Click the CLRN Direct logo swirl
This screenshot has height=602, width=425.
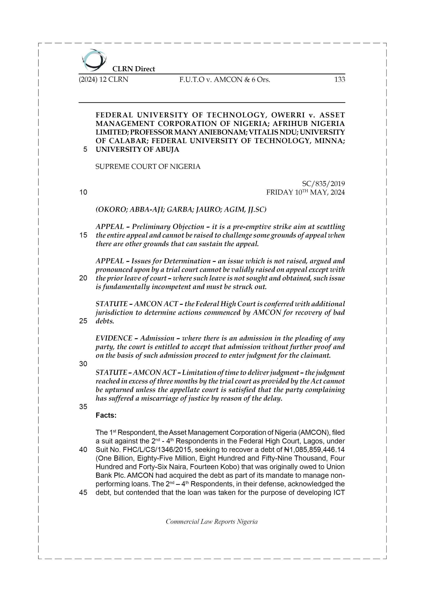(94, 60)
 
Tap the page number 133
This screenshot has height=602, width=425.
(339, 79)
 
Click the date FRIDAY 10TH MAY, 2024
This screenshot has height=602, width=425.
(305, 192)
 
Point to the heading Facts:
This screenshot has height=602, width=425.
(106, 415)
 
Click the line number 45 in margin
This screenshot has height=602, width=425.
(83, 492)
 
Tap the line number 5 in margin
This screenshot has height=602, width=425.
(85, 150)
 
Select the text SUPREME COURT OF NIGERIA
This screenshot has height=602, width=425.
(148, 167)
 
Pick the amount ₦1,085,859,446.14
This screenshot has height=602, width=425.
(314, 450)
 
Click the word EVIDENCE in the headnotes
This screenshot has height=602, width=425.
(114, 338)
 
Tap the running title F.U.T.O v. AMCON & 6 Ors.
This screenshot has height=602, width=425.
(225, 79)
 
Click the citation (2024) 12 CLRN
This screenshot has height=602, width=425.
(104, 79)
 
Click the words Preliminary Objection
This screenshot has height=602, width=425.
(168, 226)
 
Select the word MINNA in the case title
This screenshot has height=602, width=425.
(329, 141)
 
